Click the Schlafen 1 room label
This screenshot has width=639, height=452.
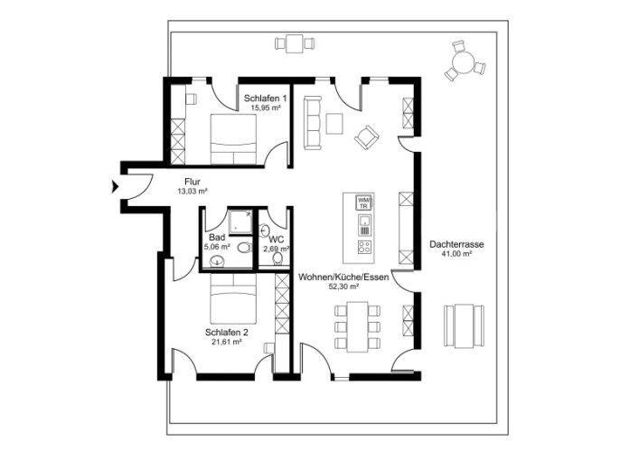(x=266, y=99)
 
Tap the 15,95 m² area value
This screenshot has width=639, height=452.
(x=266, y=108)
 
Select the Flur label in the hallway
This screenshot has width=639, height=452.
(x=193, y=182)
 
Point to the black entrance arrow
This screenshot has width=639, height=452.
(x=116, y=187)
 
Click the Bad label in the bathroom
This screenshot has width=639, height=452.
(x=217, y=237)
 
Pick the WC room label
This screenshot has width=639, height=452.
(x=277, y=240)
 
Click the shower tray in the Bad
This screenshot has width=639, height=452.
(x=240, y=222)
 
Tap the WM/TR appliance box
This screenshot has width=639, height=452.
(x=364, y=203)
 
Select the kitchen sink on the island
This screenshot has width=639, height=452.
(x=364, y=225)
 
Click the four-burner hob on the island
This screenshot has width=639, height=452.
(x=364, y=247)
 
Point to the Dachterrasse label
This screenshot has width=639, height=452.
(x=456, y=245)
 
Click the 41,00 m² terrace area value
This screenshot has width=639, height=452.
(x=456, y=254)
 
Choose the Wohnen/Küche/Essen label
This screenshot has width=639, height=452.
(x=343, y=278)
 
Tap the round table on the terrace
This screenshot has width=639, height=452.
(x=464, y=62)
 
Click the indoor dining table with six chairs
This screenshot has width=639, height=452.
(x=357, y=326)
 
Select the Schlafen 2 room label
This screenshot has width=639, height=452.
(x=227, y=333)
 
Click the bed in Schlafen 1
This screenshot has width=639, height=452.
(x=233, y=139)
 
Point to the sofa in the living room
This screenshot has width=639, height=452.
(x=313, y=123)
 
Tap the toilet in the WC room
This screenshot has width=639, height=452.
(x=278, y=258)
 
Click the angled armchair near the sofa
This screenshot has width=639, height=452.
(x=367, y=137)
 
